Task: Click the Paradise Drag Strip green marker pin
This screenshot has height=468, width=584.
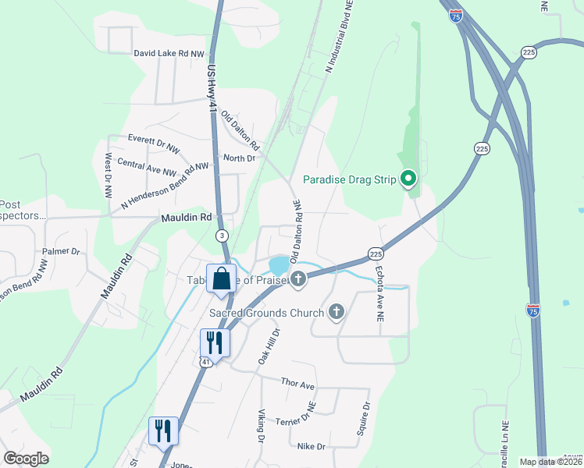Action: click(x=408, y=179)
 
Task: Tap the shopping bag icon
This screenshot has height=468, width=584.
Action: click(x=221, y=278)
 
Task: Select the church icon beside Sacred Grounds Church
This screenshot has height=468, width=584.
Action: click(x=337, y=313)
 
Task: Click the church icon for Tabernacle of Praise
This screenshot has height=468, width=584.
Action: click(x=297, y=279)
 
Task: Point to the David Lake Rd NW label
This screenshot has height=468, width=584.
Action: click(x=169, y=54)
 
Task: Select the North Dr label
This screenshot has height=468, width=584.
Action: click(x=240, y=158)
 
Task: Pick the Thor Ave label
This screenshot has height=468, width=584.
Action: click(x=297, y=385)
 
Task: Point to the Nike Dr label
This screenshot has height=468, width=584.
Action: click(x=311, y=447)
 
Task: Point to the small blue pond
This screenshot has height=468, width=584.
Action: click(x=279, y=265)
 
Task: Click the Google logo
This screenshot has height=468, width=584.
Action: click(x=26, y=459)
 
